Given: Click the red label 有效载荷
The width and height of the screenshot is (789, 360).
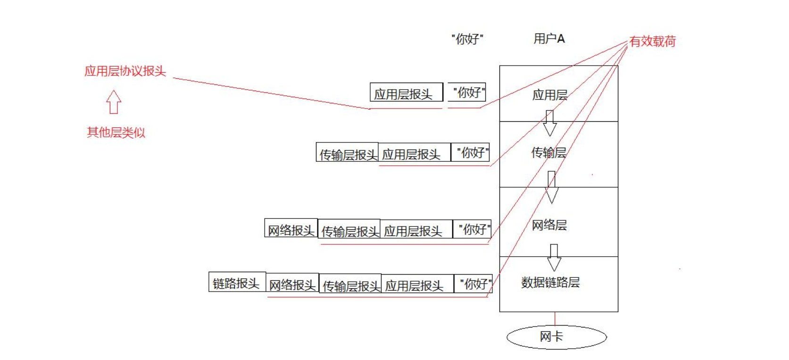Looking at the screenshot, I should coord(652,42).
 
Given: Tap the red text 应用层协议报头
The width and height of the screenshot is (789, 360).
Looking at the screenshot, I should coord(125,71).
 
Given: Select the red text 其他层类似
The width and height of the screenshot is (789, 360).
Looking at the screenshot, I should coord(116,132).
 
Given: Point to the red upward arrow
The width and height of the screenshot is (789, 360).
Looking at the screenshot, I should coord(114,102).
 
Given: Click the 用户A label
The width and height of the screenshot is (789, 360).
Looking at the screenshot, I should coord(549,39).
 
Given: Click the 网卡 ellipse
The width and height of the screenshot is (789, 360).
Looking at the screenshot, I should coord(556,337).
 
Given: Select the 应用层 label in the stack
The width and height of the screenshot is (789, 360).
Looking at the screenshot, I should coord(549,95).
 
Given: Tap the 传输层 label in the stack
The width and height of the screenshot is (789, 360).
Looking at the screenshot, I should coord(548,152).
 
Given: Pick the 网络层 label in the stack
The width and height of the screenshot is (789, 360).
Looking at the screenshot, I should coord(549,225).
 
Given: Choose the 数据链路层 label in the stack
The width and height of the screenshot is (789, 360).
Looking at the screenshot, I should coord(550,282).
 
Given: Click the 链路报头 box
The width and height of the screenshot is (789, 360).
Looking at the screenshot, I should coord(237,283).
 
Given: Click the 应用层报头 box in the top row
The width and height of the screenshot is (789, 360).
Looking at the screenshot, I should coord(406,93).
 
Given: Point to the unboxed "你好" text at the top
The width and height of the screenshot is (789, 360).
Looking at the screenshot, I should coord(467,39).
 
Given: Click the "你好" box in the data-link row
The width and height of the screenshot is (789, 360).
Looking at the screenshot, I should coord(473,284).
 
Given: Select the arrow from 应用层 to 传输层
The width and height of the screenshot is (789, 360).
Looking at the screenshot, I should coord(549,123).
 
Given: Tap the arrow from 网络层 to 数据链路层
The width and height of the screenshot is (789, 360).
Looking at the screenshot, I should coord(554,257).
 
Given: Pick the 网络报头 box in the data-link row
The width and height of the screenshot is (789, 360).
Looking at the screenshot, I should coord(292,284).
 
